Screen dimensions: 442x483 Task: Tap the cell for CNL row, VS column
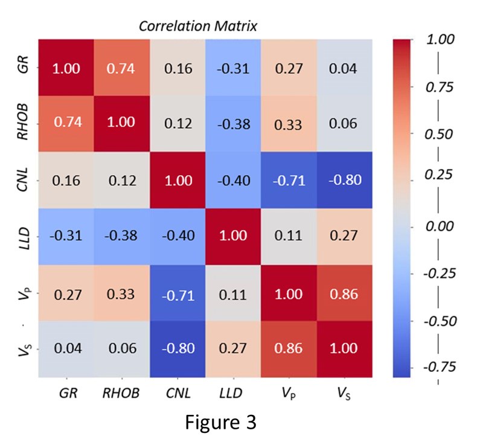[x=345, y=181]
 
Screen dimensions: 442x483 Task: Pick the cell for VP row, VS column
[x=345, y=294]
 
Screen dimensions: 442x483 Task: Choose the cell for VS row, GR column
[x=65, y=350]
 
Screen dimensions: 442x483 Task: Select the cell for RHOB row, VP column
[x=289, y=124]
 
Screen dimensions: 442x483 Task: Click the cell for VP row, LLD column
[x=233, y=294]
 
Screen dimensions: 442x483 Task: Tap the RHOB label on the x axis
[x=121, y=393]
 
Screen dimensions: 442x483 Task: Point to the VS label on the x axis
[x=345, y=393]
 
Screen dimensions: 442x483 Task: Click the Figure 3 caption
[x=220, y=421]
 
